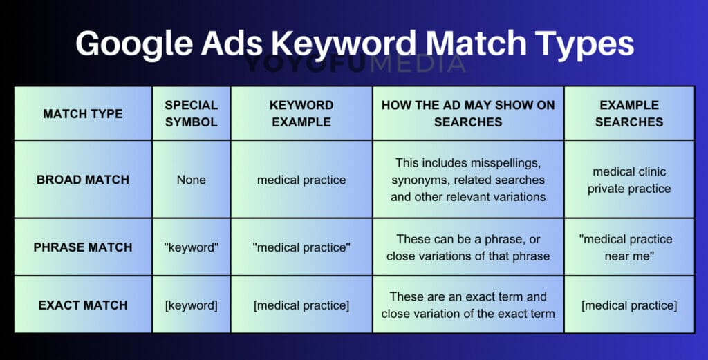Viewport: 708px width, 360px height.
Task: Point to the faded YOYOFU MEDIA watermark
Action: coord(354,64)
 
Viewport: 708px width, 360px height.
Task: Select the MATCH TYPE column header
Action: coord(83,113)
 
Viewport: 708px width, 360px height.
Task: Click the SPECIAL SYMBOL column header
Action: coord(191,113)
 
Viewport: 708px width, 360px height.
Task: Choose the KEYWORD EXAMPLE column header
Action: coord(301,113)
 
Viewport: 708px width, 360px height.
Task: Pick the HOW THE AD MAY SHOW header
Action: coord(468,113)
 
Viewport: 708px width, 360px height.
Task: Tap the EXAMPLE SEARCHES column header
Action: coord(628,113)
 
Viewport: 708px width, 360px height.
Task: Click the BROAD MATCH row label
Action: coord(83,180)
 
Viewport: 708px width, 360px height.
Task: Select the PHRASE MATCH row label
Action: coord(83,247)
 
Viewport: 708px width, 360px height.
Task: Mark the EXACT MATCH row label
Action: coord(83,305)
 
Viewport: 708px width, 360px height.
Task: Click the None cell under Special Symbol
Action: coord(191,180)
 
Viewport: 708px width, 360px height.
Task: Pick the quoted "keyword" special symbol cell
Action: coord(191,247)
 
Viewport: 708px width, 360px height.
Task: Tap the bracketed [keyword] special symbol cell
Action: coord(191,305)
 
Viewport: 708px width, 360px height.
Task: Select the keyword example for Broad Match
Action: coord(301,180)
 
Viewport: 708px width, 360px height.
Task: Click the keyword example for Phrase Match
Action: coord(301,247)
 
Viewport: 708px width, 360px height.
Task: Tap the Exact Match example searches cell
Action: coord(628,305)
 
